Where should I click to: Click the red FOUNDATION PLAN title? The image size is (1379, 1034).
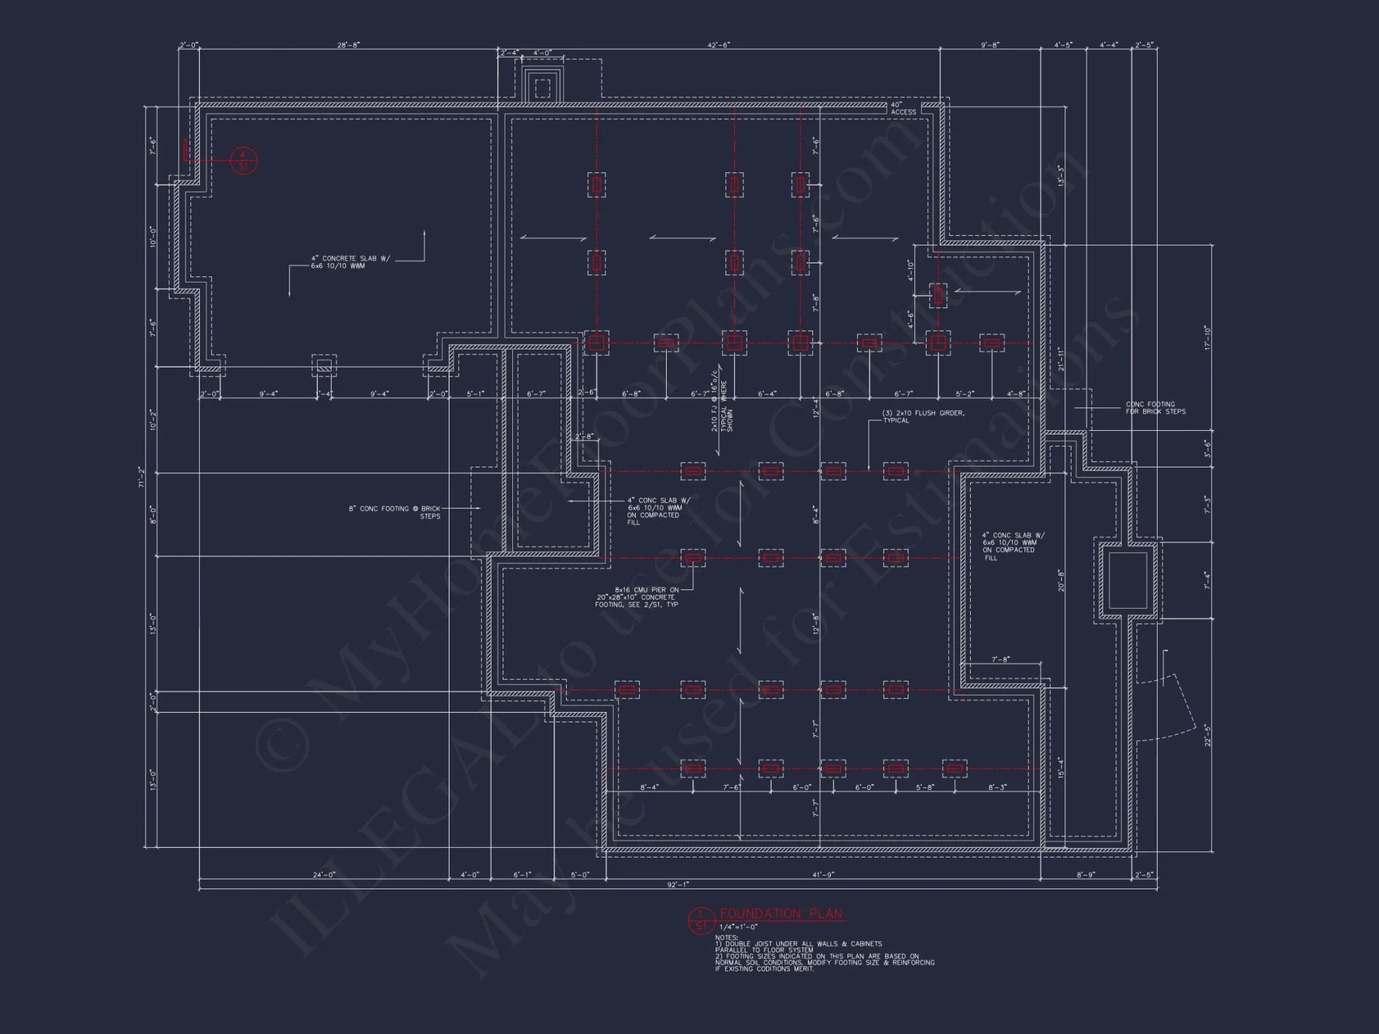point(781,914)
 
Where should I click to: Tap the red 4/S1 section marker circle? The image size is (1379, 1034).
point(243,161)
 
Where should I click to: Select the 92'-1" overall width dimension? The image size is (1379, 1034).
point(678,884)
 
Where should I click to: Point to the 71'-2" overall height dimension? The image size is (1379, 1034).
point(141,476)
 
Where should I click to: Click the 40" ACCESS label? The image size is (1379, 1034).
point(903,108)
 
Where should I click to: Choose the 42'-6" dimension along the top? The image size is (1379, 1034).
point(718,45)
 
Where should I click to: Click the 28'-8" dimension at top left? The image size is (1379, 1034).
point(348,45)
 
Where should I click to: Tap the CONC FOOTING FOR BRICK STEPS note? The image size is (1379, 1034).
point(1156,408)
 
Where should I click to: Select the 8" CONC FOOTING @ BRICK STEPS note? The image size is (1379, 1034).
point(394,512)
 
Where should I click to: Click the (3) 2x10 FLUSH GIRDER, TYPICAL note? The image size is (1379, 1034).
point(923,416)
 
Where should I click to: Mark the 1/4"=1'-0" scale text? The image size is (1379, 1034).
point(738,927)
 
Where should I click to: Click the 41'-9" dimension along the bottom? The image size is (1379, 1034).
point(823,875)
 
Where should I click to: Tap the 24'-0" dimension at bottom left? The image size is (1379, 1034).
point(323,875)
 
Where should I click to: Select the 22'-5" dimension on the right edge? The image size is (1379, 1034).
point(1207,735)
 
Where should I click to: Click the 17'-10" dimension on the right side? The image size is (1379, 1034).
point(1207,338)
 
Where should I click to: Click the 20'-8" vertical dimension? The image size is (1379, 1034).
point(1061,580)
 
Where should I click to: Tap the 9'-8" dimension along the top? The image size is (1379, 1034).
point(990,45)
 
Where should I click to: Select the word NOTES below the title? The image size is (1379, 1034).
point(727,937)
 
